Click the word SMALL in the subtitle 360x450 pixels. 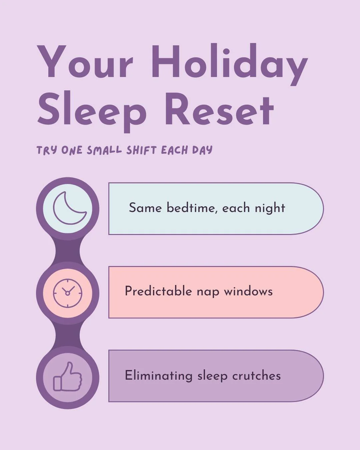tap(104, 150)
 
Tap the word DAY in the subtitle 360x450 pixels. tap(202, 150)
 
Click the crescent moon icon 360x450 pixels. tap(69, 208)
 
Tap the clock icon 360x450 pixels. tap(68, 293)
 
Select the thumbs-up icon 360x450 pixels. tap(68, 377)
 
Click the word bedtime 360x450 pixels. tap(191, 208)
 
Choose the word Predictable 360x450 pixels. tap(158, 291)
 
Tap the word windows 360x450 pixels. tap(248, 291)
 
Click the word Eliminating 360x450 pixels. tap(159, 376)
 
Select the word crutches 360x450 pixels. tap(257, 376)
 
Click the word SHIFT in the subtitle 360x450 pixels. tap(141, 150)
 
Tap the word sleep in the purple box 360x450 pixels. tap(212, 376)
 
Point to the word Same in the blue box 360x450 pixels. tap(145, 208)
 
